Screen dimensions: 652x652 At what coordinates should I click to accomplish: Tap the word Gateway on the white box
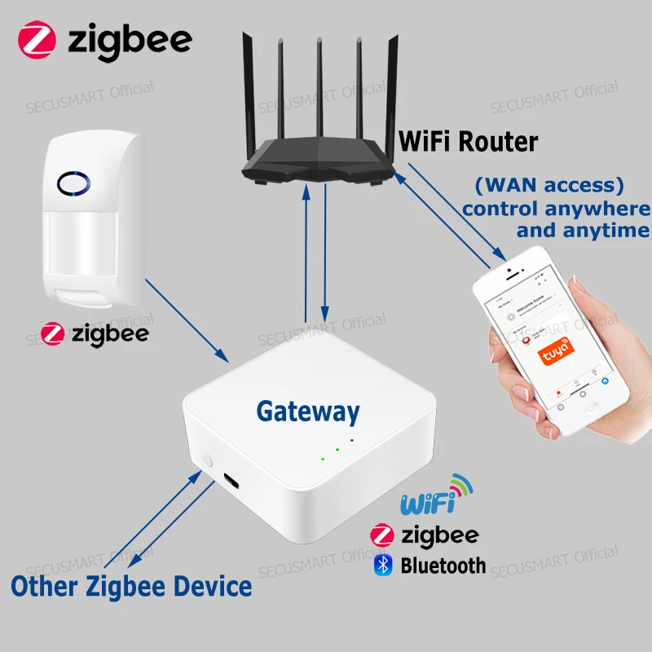[308, 412]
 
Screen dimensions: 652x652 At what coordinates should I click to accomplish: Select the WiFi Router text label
[468, 141]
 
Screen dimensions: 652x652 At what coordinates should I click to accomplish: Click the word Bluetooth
[443, 566]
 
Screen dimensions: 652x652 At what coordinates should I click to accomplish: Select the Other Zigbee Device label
[130, 585]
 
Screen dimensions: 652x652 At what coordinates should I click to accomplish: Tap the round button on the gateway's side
[205, 460]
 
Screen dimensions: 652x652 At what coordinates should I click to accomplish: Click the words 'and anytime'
[583, 230]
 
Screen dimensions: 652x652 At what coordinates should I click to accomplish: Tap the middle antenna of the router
[319, 90]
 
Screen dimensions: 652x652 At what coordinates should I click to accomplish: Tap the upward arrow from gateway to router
[306, 253]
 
